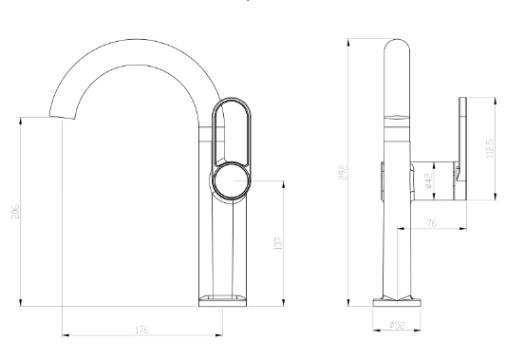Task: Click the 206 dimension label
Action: coord(16,212)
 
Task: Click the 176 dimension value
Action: coord(142,330)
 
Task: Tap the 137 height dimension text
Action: coord(278,244)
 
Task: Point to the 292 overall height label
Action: coord(344,172)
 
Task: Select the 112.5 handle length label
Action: coord(490,148)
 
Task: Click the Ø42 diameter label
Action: coord(429,180)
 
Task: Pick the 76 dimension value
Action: coord(432,223)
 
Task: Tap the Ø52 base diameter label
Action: coord(397,325)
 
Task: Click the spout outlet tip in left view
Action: coord(62,117)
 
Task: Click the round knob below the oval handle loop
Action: coord(232,180)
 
